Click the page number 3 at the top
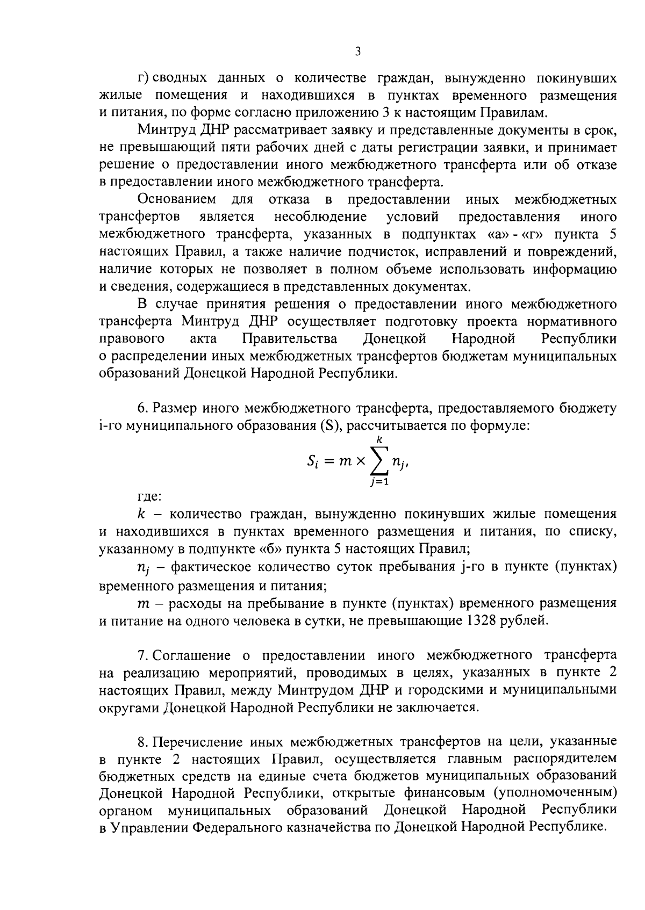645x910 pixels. tap(358, 52)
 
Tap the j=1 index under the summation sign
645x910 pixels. tap(378, 482)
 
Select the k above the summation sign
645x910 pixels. tap(379, 439)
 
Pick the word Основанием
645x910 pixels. tap(177, 200)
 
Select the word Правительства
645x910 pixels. tap(290, 339)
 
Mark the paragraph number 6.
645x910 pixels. tap(141, 409)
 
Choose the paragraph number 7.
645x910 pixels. tap(141, 655)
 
